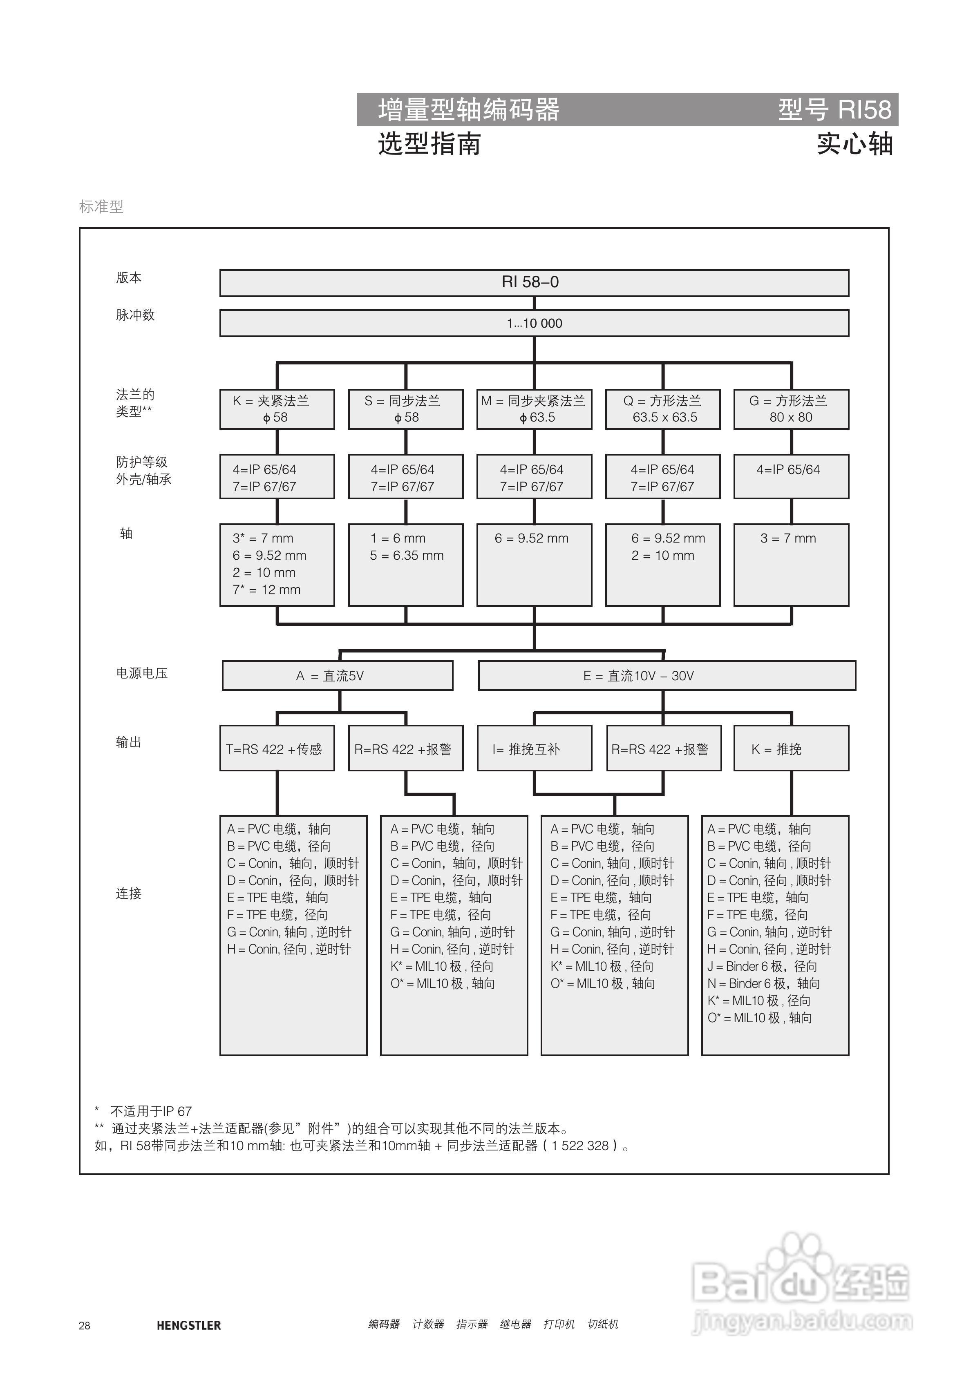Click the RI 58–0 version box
pyautogui.click(x=534, y=282)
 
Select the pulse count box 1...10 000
pyautogui.click(x=534, y=323)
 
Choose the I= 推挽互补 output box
pyautogui.click(x=534, y=748)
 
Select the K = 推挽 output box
pyautogui.click(x=791, y=748)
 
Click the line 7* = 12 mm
pyautogui.click(x=267, y=590)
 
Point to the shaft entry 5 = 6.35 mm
pyautogui.click(x=407, y=556)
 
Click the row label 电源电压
pyautogui.click(x=141, y=673)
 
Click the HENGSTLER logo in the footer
pyautogui.click(x=188, y=1325)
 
